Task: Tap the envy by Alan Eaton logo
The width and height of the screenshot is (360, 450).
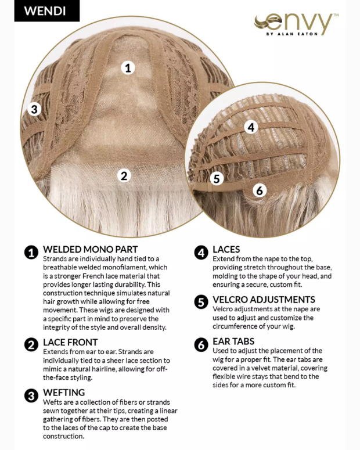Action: tap(296, 24)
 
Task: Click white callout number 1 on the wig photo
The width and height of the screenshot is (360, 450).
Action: tap(128, 68)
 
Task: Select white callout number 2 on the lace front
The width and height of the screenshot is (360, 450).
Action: tap(124, 175)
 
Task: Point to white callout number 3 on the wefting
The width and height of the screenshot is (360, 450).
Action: tap(34, 109)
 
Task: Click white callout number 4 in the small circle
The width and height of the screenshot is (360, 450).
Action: tap(251, 127)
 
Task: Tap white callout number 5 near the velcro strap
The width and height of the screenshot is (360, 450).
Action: tap(217, 178)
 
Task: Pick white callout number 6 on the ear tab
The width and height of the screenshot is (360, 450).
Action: tap(260, 190)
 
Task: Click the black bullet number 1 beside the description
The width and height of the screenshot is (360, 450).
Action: tap(31, 253)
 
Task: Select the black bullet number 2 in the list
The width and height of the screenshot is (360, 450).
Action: tap(31, 345)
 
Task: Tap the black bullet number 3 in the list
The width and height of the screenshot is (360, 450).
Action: tap(31, 395)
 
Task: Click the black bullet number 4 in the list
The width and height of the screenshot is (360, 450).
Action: tap(201, 253)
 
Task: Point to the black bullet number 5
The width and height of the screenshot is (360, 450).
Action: tap(201, 302)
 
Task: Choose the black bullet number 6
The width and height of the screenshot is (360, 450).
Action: tap(201, 344)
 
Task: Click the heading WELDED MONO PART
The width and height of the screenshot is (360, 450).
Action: tap(91, 250)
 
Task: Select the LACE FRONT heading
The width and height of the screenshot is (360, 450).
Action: tap(70, 343)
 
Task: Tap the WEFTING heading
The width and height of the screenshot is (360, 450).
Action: tap(64, 393)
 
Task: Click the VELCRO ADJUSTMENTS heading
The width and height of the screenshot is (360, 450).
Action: tap(264, 300)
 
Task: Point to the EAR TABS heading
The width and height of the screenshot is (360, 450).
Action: tap(233, 341)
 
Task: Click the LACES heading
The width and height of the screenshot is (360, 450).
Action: tap(226, 250)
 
